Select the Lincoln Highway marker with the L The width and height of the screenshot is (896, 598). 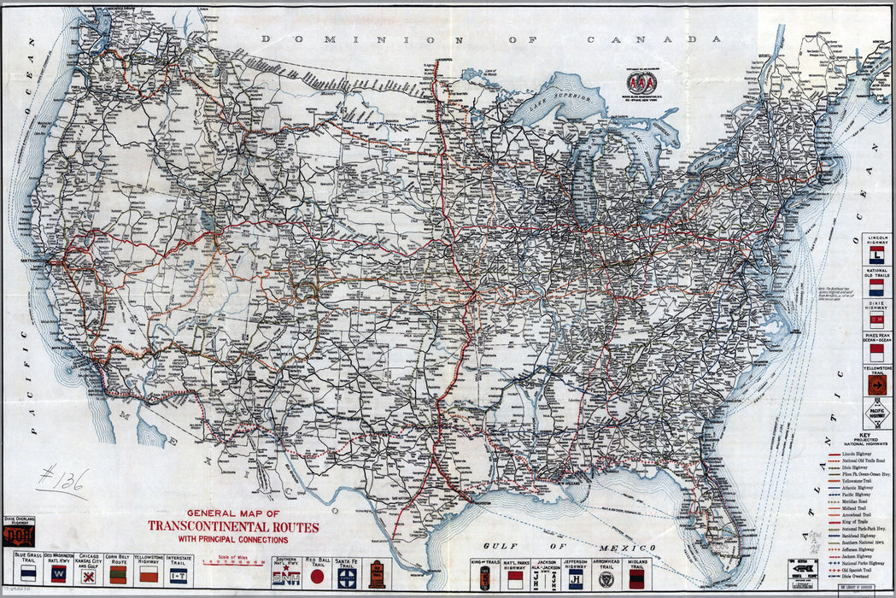876,255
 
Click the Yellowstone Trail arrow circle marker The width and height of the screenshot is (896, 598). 876,385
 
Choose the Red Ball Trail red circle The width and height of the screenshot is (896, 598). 318,577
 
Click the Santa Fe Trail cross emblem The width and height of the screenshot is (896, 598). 346,577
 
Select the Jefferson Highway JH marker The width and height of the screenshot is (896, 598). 575,579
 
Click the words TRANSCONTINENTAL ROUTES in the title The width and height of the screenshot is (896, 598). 233,526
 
